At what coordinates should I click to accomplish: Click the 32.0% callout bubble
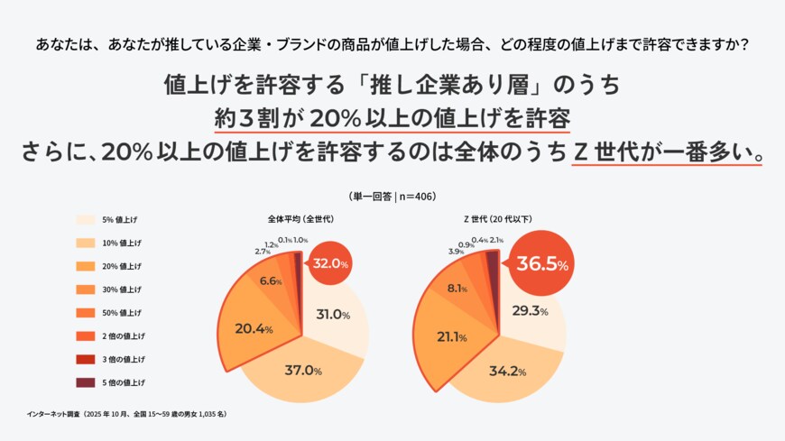pyautogui.click(x=329, y=263)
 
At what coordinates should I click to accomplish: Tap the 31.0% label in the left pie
pyautogui.click(x=333, y=315)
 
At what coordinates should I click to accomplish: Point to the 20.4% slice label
pyautogui.click(x=254, y=329)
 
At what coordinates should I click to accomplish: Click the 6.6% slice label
pyautogui.click(x=271, y=281)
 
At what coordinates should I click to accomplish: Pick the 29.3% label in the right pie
pyautogui.click(x=531, y=311)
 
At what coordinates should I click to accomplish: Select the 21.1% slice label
pyautogui.click(x=450, y=337)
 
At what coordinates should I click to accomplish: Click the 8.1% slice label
pyautogui.click(x=457, y=289)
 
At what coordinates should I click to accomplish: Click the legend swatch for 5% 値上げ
pyautogui.click(x=86, y=219)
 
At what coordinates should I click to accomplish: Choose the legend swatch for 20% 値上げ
pyautogui.click(x=86, y=266)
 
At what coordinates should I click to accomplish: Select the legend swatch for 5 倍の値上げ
pyautogui.click(x=86, y=382)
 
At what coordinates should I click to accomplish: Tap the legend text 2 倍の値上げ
pyautogui.click(x=124, y=335)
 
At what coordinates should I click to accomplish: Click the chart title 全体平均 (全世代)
pyautogui.click(x=300, y=219)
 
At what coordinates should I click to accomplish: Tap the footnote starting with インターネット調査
pyautogui.click(x=126, y=414)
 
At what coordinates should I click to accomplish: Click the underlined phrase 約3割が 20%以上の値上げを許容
pyautogui.click(x=392, y=120)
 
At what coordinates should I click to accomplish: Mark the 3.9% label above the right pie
pyautogui.click(x=456, y=251)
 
